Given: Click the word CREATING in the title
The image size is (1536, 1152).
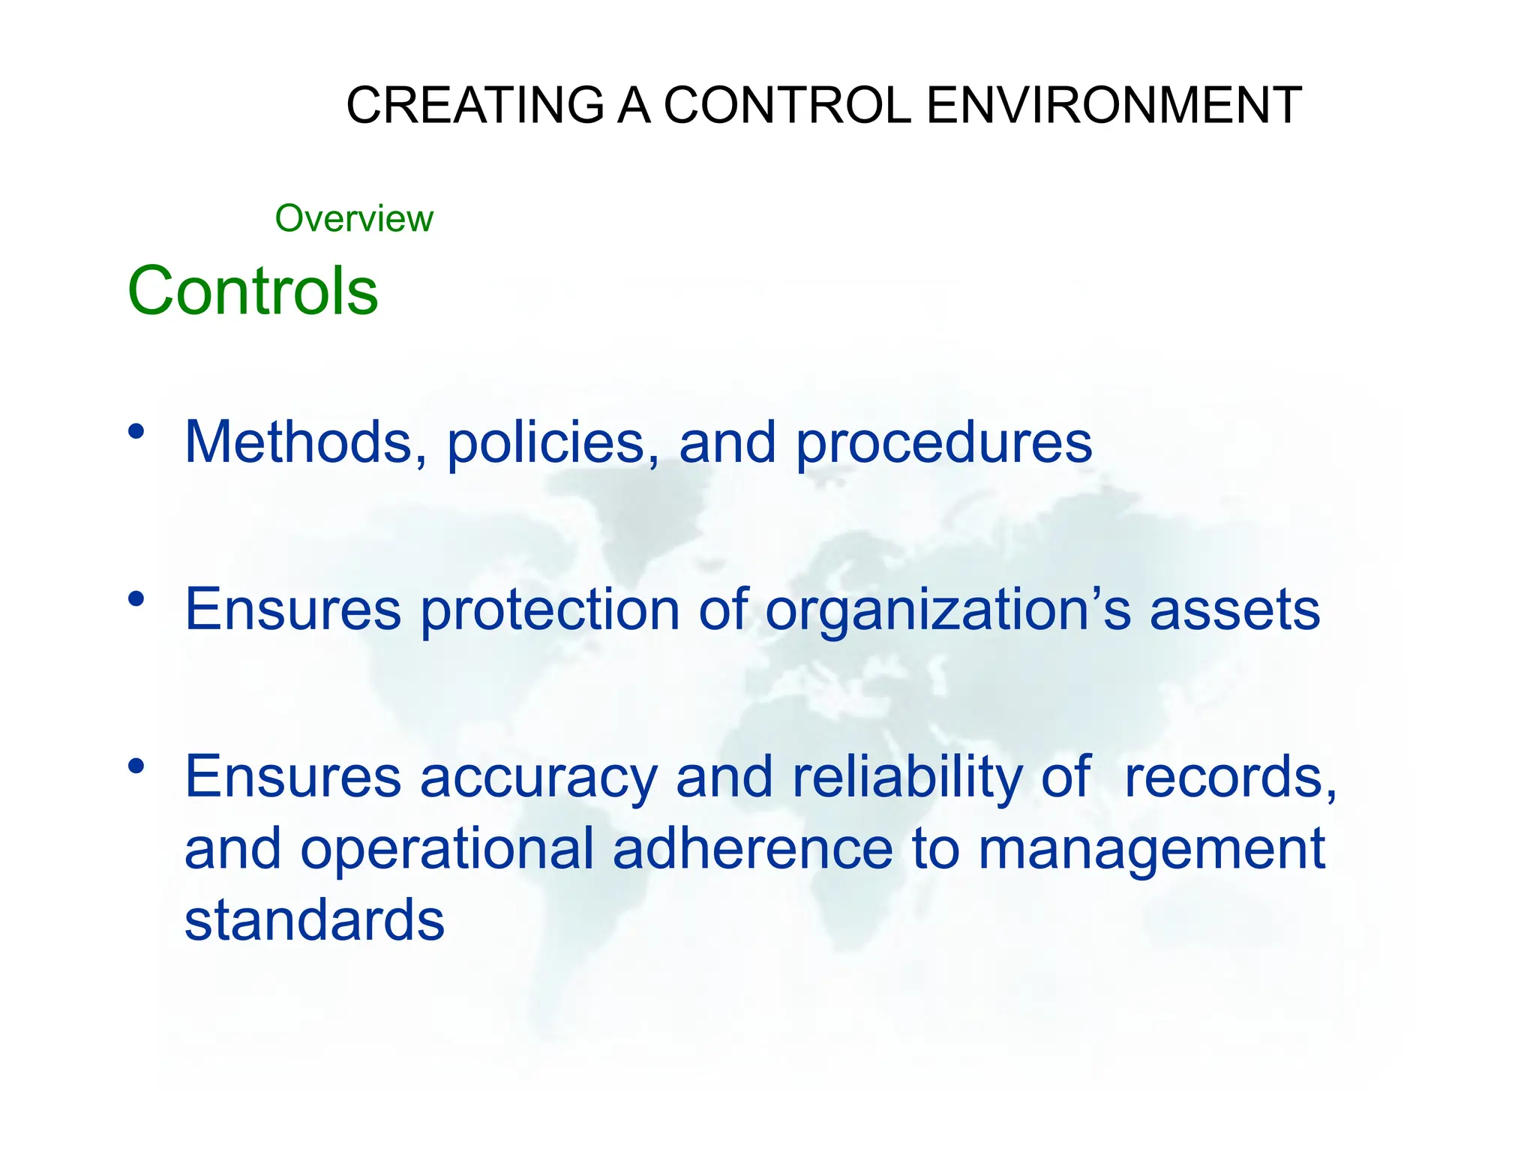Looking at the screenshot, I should click(x=475, y=105).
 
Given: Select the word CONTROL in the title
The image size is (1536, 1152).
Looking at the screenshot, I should click(x=787, y=105).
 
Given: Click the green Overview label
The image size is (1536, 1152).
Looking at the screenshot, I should click(x=354, y=219).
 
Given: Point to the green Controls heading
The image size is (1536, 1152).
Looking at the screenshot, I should click(x=253, y=291).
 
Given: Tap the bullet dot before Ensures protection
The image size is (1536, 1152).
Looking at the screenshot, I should click(x=136, y=598).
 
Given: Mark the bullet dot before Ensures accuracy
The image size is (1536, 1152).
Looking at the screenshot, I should click(x=136, y=766).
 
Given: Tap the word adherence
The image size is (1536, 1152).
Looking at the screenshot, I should click(x=752, y=849).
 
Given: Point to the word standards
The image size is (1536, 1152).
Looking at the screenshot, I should click(x=314, y=920).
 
